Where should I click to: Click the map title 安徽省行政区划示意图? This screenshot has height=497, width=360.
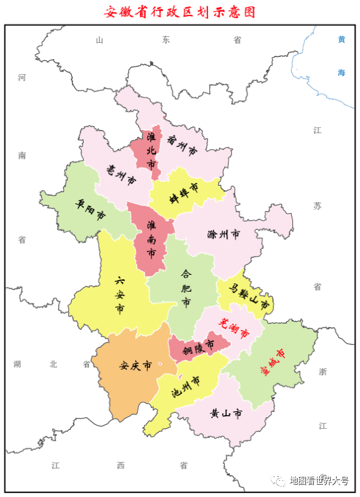pos(179,12)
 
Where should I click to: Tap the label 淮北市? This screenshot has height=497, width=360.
pos(151,151)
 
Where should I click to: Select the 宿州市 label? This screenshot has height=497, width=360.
pos(181,146)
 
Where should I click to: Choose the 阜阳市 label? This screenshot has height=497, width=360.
pos(90,209)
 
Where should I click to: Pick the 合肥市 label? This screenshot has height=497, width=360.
pos(186,288)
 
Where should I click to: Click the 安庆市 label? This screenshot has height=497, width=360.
pos(135,366)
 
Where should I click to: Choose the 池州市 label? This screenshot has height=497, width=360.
pos(186,389)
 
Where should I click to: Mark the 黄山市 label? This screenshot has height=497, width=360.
pos(226,413)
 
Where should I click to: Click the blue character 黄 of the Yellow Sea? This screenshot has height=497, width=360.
pos(342,40)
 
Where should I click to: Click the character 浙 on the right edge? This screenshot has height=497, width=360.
pos(323,372)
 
